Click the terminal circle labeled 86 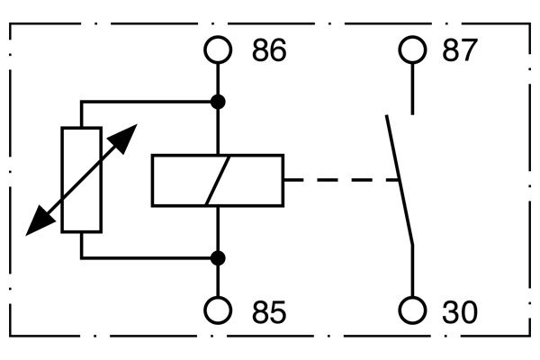pyautogui.click(x=218, y=50)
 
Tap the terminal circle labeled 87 pyautogui.click(x=412, y=50)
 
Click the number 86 pyautogui.click(x=268, y=51)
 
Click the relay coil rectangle pyautogui.click(x=180, y=180)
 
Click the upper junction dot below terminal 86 pyautogui.click(x=218, y=101)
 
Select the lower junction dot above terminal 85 pyautogui.click(x=218, y=258)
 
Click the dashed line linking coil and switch pyautogui.click(x=342, y=180)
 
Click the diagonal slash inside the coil pyautogui.click(x=218, y=180)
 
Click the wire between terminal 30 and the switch pyautogui.click(x=412, y=270)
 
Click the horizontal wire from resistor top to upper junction pyautogui.click(x=148, y=101)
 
